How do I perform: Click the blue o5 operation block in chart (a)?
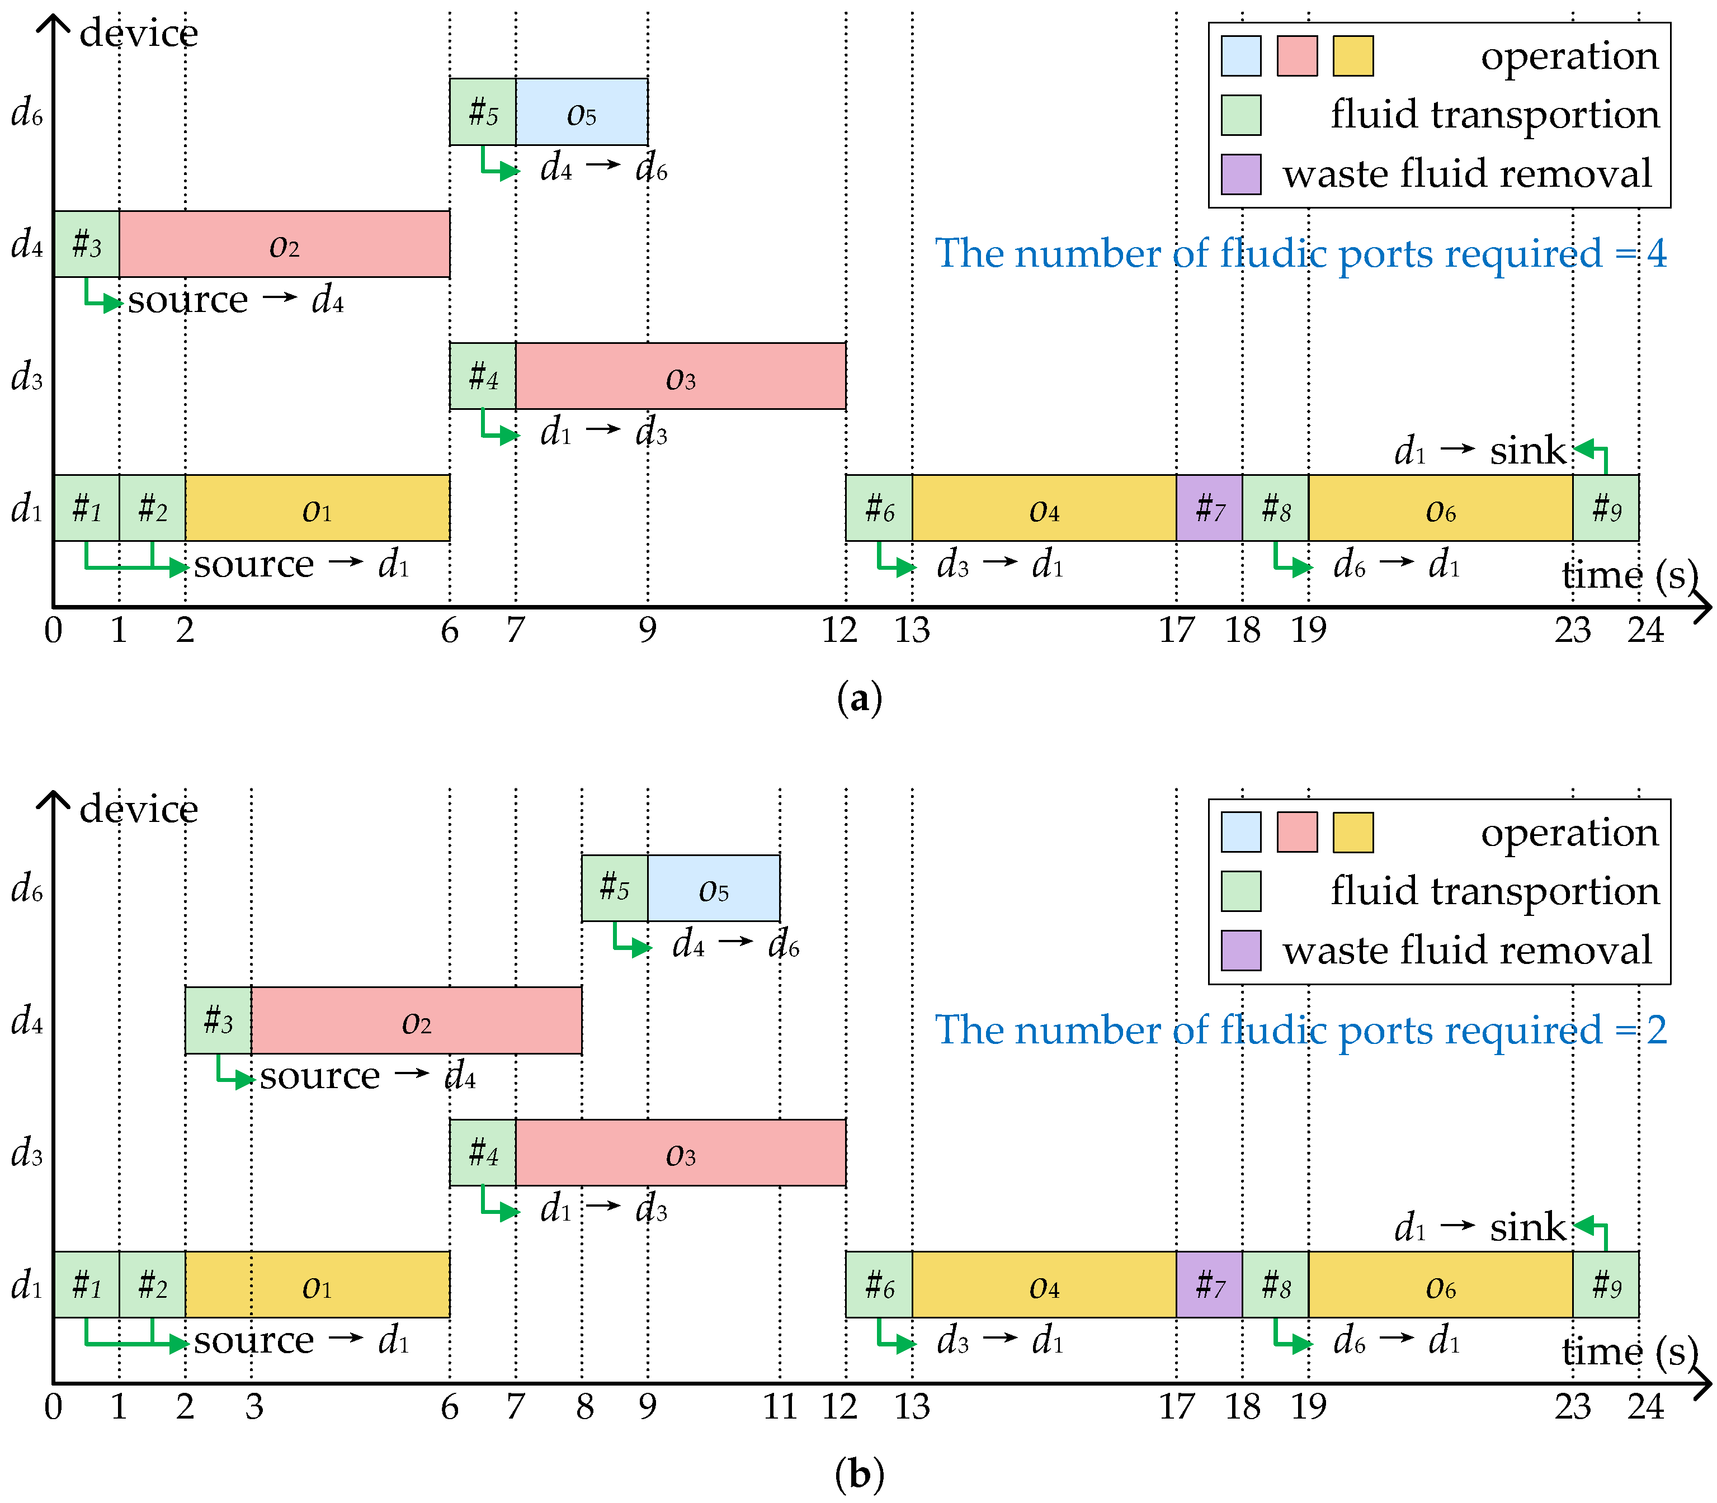coord(581,112)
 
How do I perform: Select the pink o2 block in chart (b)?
coord(416,1021)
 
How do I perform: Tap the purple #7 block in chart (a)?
coord(1209,508)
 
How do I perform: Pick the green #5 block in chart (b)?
coord(614,888)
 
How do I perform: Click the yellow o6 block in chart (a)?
coord(1440,508)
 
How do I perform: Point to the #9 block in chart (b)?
coord(1606,1285)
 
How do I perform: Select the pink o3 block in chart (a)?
coord(680,377)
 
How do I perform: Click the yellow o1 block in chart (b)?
coord(317,1285)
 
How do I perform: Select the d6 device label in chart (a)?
coord(27,112)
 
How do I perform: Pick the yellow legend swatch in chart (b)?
coord(1352,832)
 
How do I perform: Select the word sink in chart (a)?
coord(1527,451)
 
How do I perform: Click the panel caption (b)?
coord(859,1474)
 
